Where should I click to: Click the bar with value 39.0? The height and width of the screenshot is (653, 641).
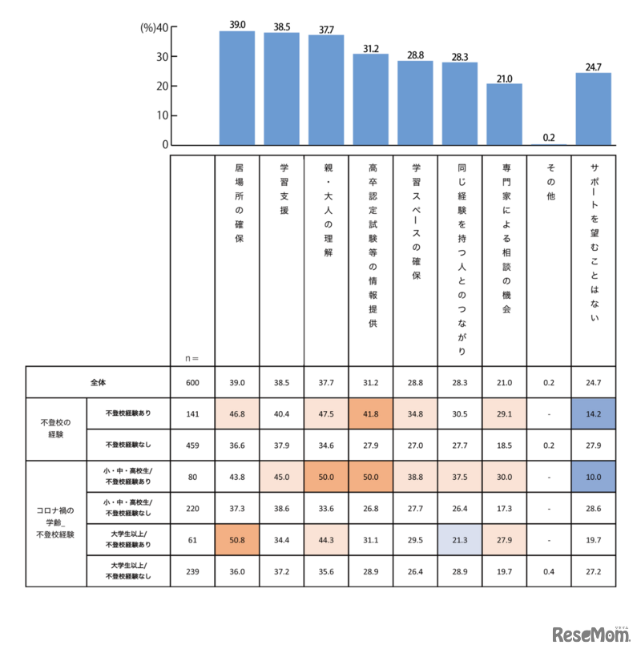237,88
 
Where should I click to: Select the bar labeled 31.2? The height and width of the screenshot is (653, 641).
371,99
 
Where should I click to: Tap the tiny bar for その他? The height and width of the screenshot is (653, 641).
549,144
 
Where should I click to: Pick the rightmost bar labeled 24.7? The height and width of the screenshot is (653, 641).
593,109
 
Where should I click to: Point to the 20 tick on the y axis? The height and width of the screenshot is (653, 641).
162,86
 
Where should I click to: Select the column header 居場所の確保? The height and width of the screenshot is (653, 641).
238,204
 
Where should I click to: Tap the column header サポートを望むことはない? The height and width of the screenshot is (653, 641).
593,240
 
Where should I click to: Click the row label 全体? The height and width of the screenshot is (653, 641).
98,382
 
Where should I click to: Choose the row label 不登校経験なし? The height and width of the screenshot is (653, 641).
128,443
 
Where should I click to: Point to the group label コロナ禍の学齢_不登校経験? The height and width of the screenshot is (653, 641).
55,522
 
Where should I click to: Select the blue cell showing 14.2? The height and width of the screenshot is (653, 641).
593,413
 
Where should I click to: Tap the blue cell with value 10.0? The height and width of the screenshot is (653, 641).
593,476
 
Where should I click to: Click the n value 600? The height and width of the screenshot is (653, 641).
192,383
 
